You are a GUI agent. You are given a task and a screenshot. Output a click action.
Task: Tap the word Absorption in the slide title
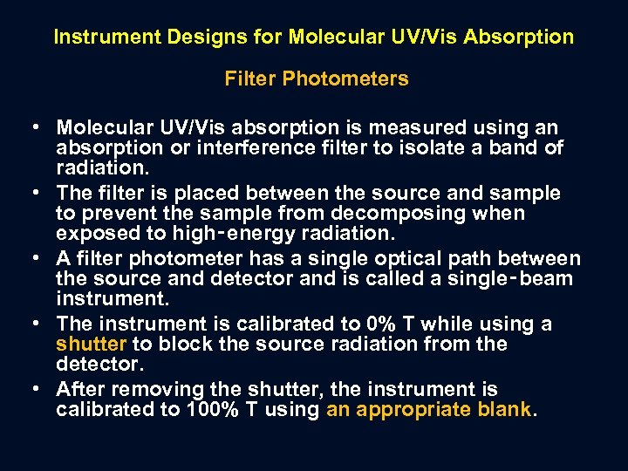point(520,38)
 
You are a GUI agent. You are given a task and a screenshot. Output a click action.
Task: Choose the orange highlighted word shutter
point(85,344)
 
